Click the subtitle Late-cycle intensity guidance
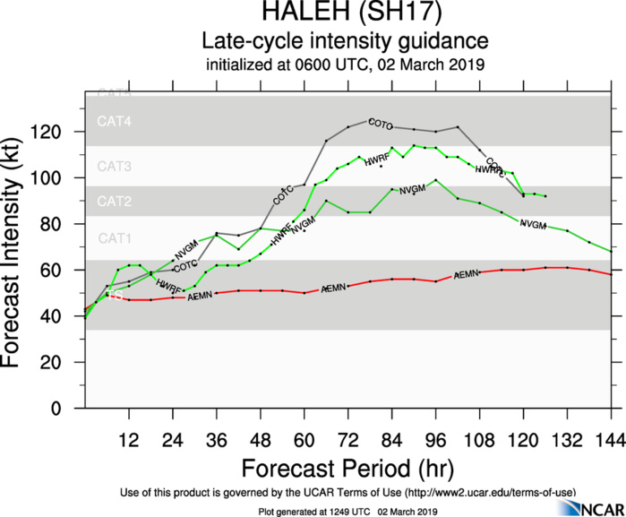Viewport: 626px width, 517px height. [x=344, y=41]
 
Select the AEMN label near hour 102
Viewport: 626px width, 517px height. [x=466, y=275]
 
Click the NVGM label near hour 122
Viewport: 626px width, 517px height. [x=533, y=224]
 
